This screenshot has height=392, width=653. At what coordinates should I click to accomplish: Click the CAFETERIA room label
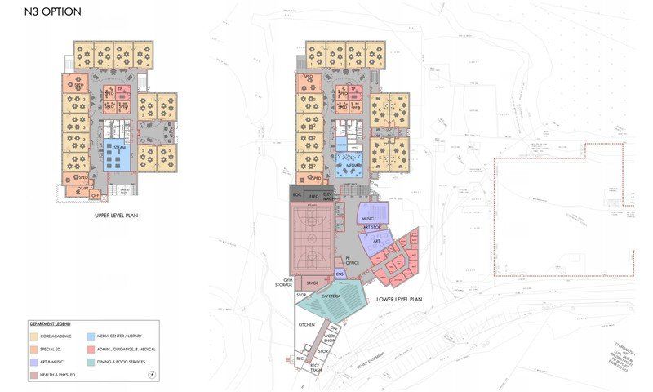click(331, 296)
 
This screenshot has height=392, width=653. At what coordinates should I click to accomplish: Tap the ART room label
click(376, 242)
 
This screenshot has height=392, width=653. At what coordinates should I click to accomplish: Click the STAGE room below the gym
click(313, 283)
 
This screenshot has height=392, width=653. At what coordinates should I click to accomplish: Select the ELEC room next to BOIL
click(313, 196)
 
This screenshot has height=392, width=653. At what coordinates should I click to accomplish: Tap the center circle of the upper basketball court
click(313, 220)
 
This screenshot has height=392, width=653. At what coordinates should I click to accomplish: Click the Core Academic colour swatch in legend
click(33, 336)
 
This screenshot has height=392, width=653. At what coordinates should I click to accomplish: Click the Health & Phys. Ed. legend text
click(61, 375)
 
